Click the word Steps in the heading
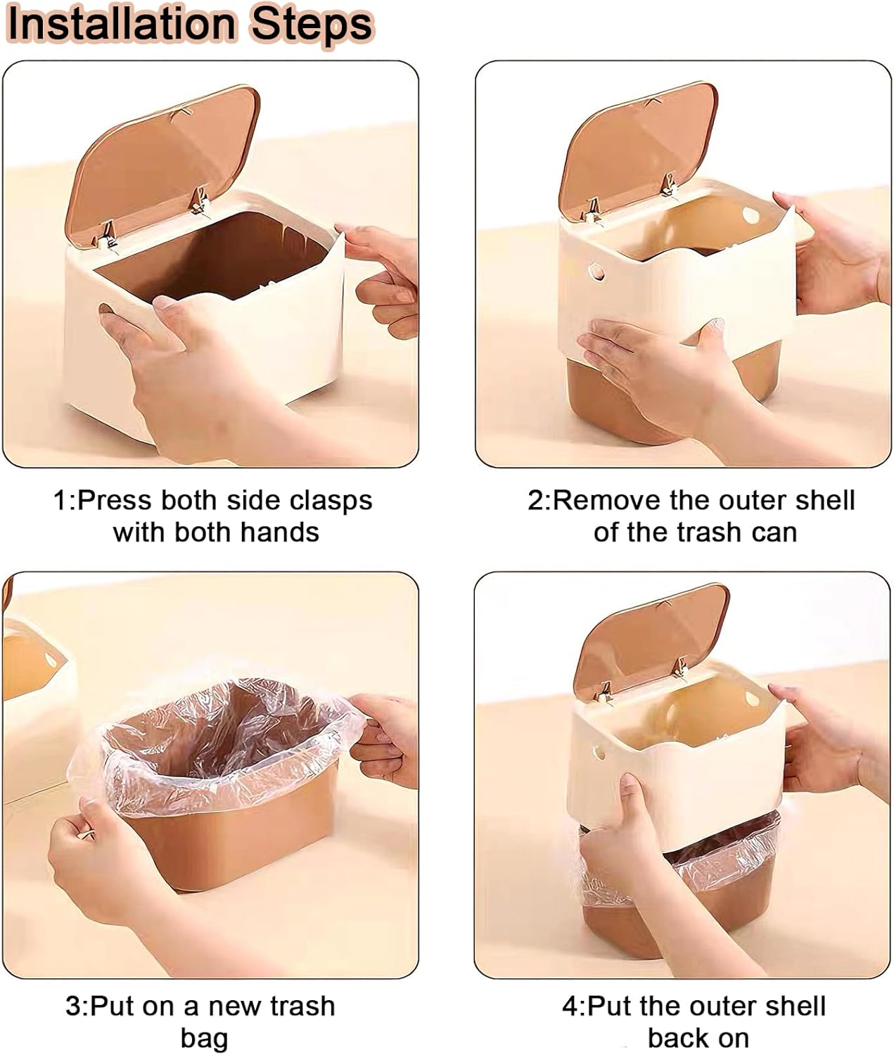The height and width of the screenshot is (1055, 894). [312, 25]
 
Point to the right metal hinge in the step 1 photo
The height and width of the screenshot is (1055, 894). [200, 200]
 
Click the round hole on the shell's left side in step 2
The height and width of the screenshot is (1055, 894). [597, 271]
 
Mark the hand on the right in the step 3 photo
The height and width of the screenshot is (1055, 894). [387, 738]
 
